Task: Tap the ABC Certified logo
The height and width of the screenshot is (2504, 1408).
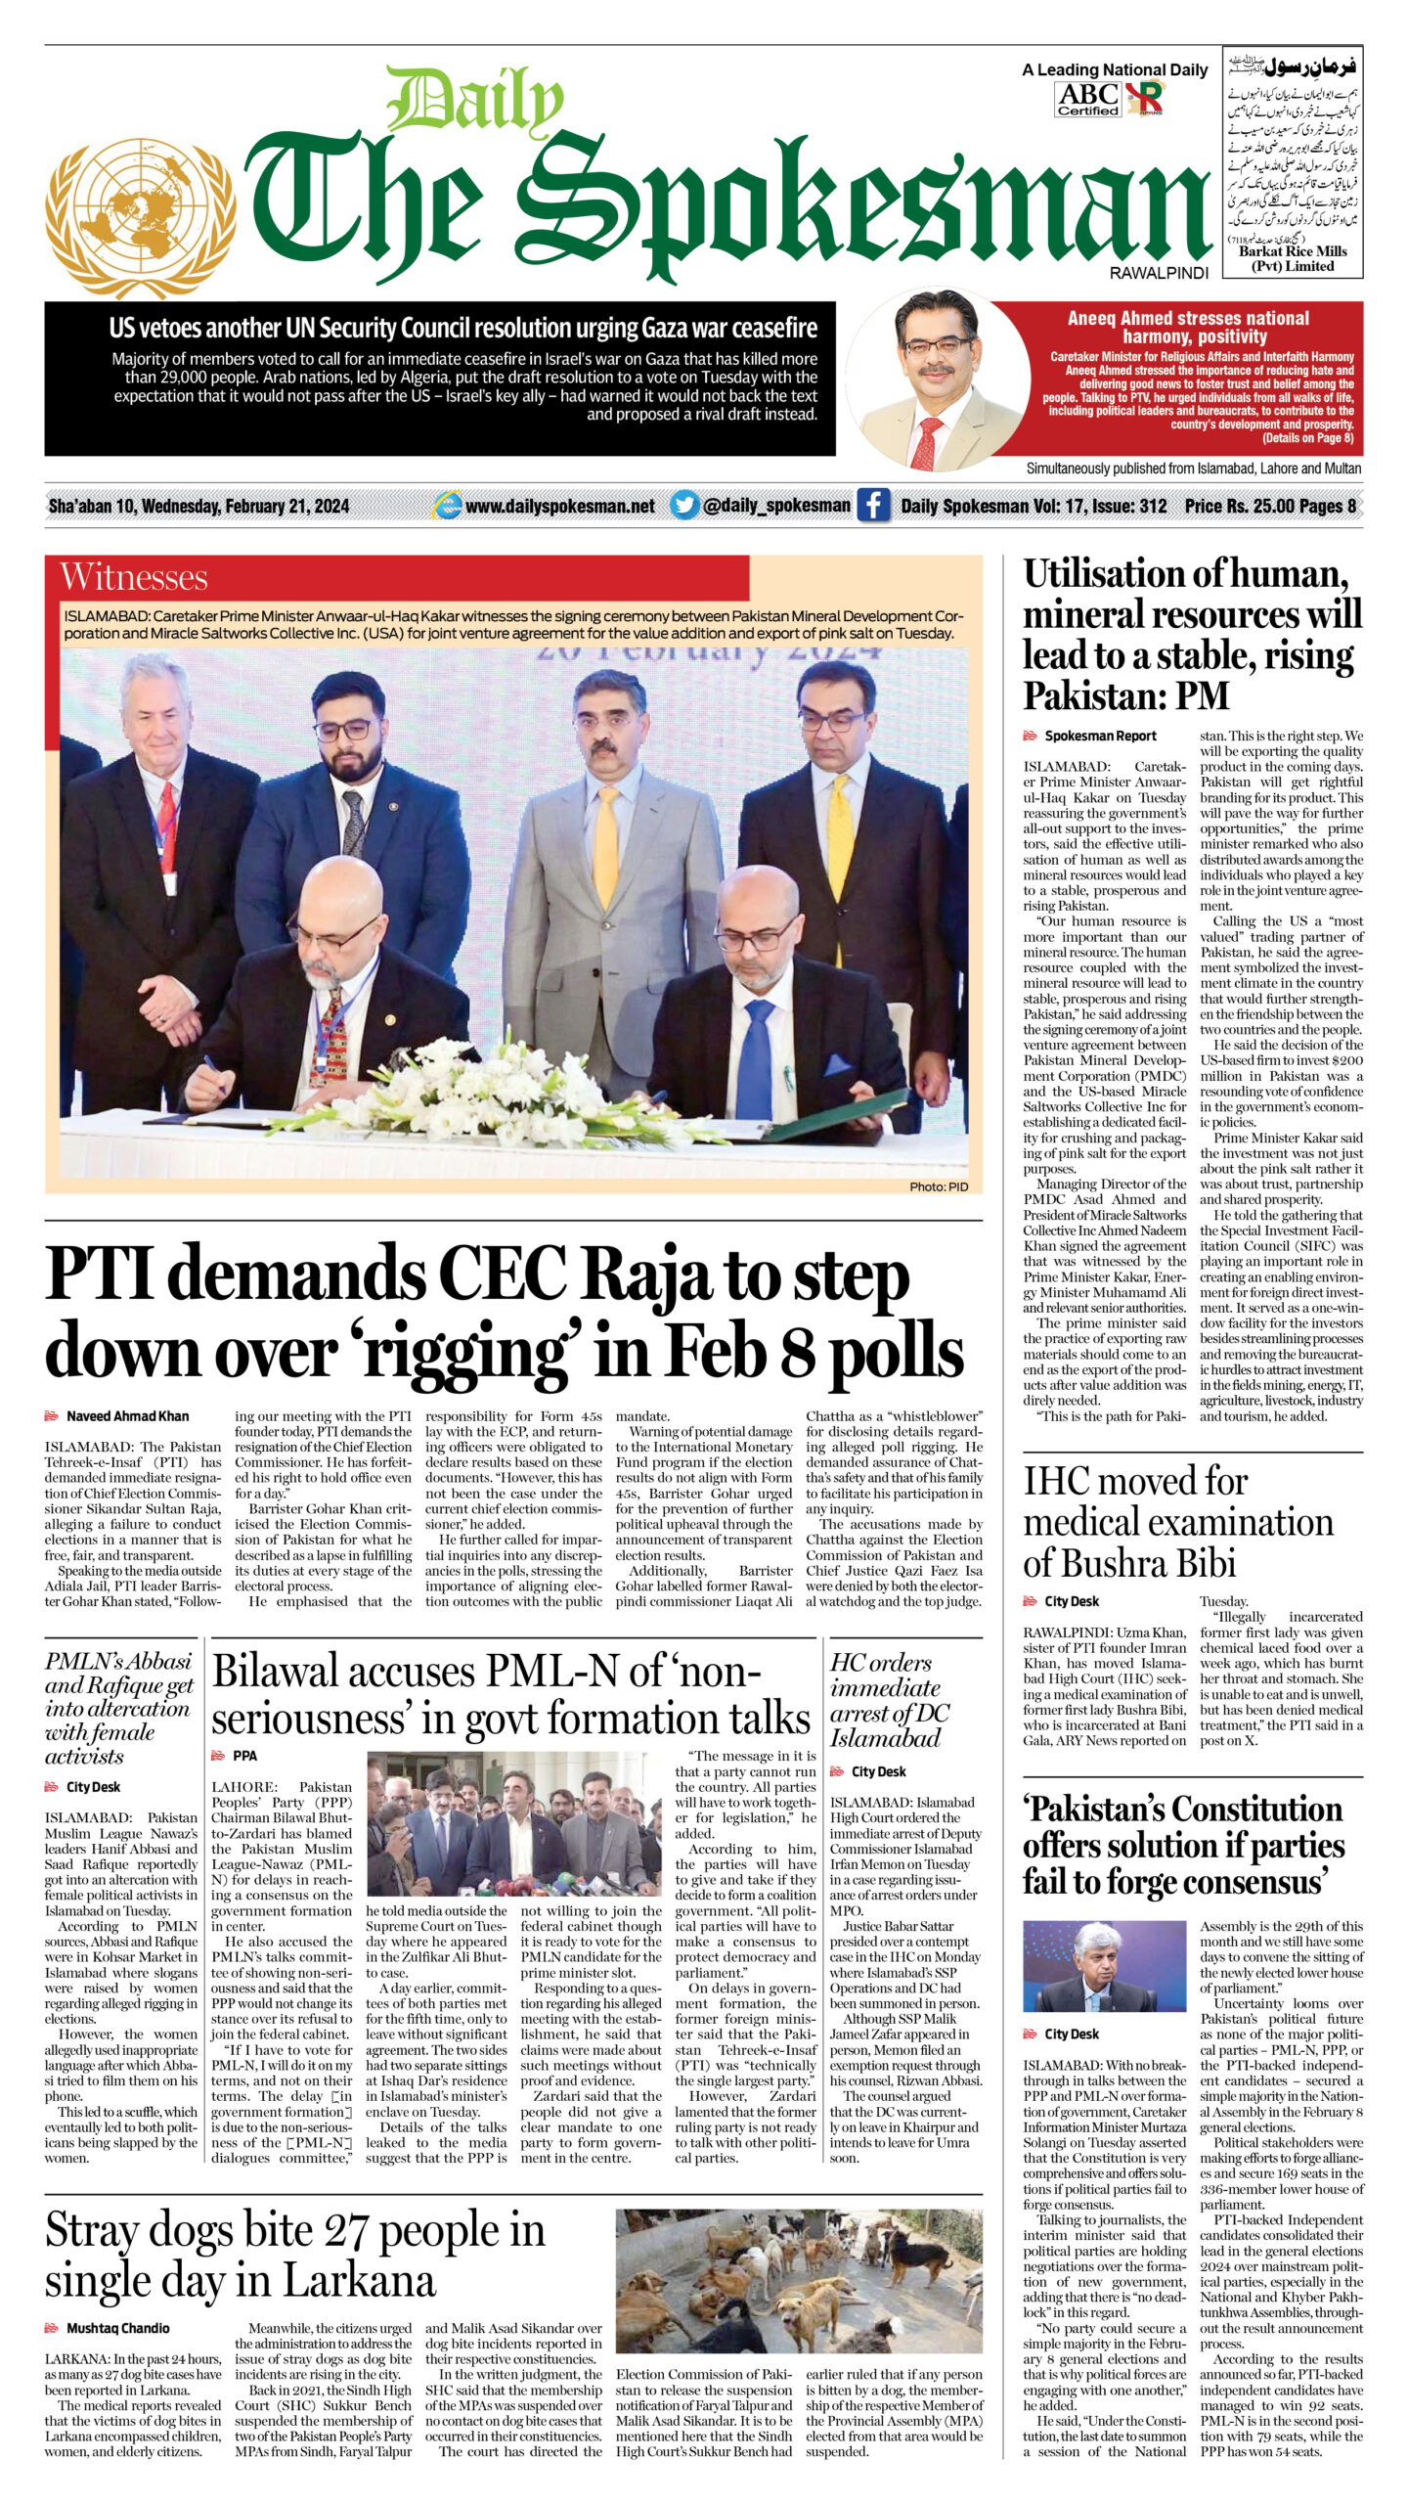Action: pos(1087,99)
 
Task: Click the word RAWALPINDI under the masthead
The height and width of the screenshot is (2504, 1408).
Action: pos(1159,274)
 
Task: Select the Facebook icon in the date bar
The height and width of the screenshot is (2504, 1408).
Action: pos(872,505)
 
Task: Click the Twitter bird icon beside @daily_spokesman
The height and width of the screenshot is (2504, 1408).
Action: pos(684,505)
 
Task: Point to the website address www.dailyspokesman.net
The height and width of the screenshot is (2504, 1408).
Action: pos(559,506)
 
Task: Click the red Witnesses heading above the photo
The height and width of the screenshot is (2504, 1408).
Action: pos(134,577)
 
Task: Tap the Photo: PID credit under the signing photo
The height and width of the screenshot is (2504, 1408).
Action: pos(938,1186)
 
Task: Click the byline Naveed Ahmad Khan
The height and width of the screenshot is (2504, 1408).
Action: pos(127,1415)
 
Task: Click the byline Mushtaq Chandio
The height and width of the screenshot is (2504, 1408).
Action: pos(117,2328)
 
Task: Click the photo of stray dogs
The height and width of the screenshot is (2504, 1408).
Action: pos(798,2280)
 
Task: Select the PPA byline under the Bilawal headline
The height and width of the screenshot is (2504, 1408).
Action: pos(244,1756)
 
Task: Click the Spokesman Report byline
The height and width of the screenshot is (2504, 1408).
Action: pos(1100,736)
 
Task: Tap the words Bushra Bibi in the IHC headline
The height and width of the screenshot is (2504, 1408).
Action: pos(1129,1562)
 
